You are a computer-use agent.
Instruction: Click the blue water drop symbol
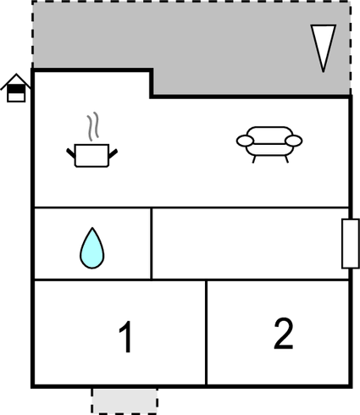(92, 248)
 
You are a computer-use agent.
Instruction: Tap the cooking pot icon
(92, 154)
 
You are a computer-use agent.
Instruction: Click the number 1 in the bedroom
(126, 336)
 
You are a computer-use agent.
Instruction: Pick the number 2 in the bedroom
(284, 333)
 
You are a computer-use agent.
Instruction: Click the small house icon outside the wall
(16, 88)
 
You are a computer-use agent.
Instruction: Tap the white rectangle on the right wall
(351, 243)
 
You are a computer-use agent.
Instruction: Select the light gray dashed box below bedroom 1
(125, 401)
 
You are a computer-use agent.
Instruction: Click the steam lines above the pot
(93, 126)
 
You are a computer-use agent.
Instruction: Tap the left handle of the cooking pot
(71, 153)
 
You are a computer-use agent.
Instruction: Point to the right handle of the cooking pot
(113, 154)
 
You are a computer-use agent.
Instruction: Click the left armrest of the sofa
(245, 141)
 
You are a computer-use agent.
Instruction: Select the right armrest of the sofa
(294, 141)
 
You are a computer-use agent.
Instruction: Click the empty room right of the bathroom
(250, 244)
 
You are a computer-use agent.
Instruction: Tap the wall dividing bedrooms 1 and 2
(207, 332)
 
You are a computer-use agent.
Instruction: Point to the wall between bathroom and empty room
(152, 244)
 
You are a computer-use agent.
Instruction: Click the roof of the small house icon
(16, 81)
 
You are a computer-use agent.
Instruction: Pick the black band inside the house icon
(16, 89)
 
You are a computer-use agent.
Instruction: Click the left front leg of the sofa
(254, 159)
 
